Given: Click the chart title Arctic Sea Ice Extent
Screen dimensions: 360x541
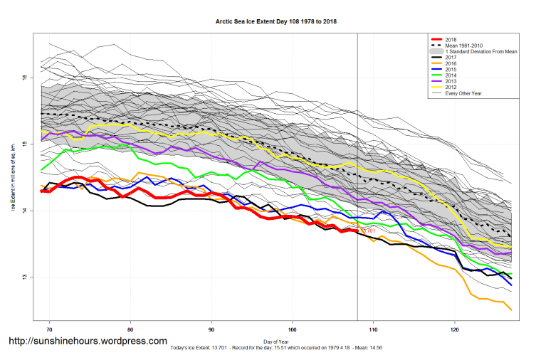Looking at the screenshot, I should click(x=276, y=21).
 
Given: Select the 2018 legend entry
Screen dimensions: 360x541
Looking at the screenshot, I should click(x=451, y=39).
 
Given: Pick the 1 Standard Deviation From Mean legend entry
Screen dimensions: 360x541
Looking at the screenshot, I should click(x=479, y=52).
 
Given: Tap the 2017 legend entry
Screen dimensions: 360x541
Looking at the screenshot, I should click(x=451, y=58).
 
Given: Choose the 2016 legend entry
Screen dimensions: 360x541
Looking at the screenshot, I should click(x=451, y=64).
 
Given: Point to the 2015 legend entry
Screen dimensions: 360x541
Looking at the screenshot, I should click(x=451, y=70).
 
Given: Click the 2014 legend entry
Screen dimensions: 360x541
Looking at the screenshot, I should click(x=451, y=75).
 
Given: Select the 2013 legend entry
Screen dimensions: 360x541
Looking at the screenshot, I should click(x=451, y=82).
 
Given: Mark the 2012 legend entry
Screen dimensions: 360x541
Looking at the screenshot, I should click(x=451, y=88).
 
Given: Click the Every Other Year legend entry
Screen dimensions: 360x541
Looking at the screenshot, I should click(x=462, y=94).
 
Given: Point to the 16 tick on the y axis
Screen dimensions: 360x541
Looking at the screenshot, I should click(x=24, y=78).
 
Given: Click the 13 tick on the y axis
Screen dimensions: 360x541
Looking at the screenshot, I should click(x=24, y=277).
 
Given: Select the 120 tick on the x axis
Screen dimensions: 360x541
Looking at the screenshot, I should click(x=455, y=330).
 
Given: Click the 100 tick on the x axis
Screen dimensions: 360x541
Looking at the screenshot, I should click(x=293, y=330).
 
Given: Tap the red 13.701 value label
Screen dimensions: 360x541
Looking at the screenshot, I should click(x=368, y=231).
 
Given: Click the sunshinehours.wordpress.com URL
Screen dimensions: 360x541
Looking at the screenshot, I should click(x=88, y=342).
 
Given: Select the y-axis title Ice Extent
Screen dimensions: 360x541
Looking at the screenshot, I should click(x=12, y=178).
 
